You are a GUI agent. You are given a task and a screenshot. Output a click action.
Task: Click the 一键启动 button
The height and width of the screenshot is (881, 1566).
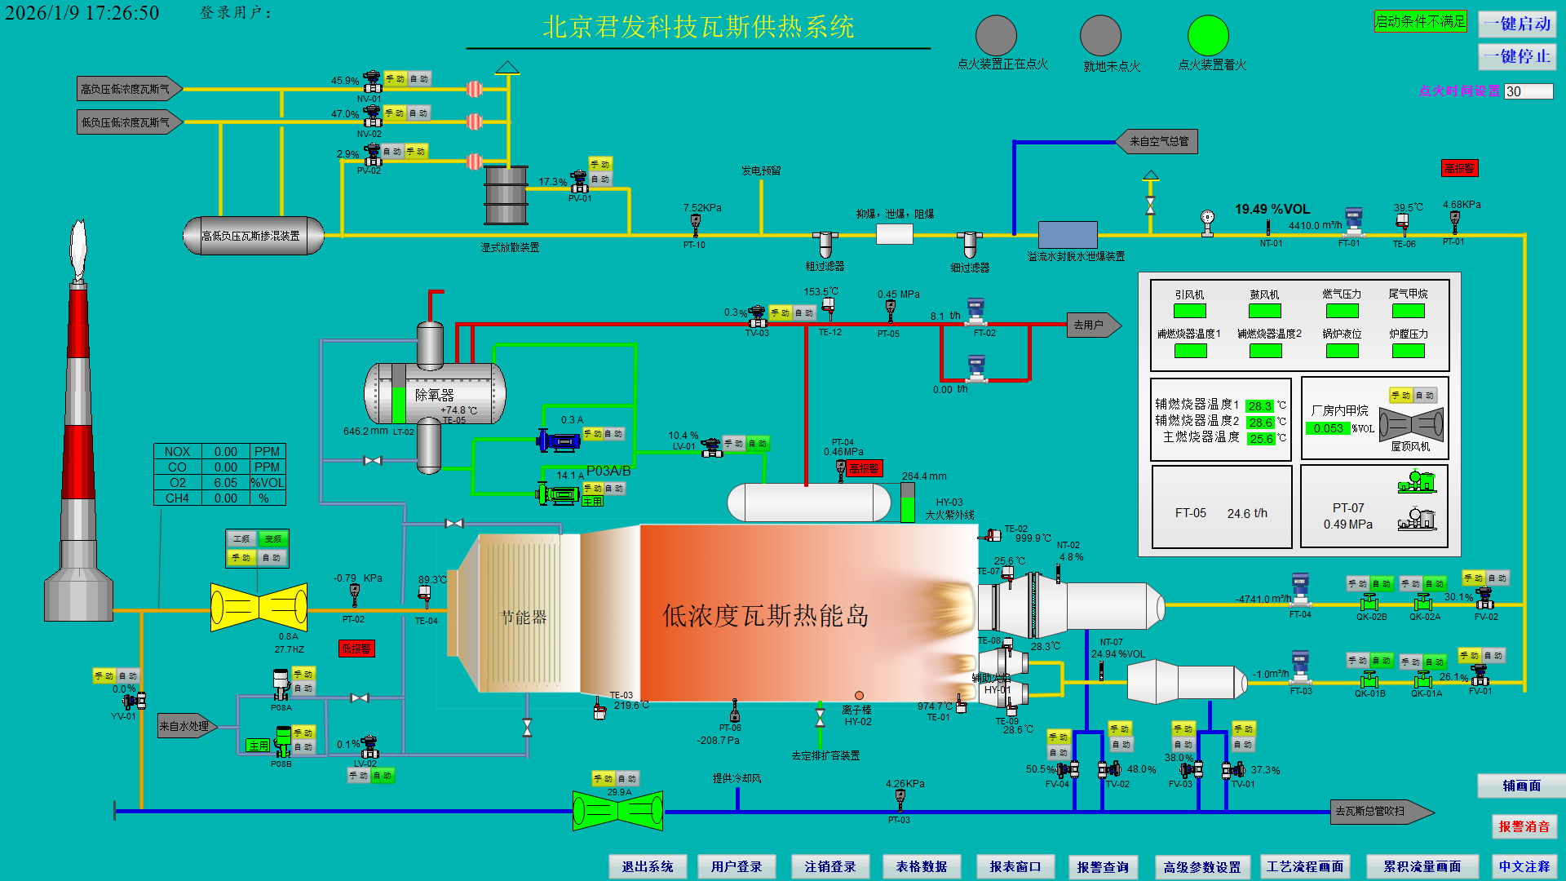(x=1517, y=24)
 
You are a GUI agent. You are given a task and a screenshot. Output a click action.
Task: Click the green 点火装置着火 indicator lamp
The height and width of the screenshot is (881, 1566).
(x=1208, y=36)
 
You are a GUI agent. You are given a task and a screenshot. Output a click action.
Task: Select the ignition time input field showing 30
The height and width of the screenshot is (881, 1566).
(x=1528, y=91)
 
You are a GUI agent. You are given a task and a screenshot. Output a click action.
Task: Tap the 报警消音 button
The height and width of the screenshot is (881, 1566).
(x=1524, y=826)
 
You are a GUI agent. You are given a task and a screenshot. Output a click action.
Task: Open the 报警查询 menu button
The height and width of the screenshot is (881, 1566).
(x=1103, y=866)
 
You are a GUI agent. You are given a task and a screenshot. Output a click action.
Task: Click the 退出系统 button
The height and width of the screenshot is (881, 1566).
(x=648, y=866)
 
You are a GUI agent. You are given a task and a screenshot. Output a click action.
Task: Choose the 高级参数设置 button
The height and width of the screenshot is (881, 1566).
(x=1202, y=866)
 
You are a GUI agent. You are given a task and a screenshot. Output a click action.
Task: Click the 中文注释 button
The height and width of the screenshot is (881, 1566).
(x=1524, y=866)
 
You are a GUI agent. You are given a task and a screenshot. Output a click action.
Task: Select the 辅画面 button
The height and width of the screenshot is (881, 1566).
(x=1521, y=786)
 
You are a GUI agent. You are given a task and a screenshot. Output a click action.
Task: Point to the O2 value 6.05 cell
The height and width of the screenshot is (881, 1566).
(x=226, y=483)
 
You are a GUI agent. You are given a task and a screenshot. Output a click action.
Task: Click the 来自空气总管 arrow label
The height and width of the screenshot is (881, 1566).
(x=1157, y=142)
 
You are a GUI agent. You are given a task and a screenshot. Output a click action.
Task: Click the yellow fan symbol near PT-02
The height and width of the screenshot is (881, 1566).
(x=259, y=607)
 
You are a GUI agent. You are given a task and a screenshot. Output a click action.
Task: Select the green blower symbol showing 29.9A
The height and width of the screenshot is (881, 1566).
(x=617, y=811)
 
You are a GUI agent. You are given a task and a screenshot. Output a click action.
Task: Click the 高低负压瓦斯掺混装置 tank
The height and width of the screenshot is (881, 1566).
(x=253, y=236)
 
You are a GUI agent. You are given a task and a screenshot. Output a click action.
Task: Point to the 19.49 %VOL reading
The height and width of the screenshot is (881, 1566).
(x=1272, y=210)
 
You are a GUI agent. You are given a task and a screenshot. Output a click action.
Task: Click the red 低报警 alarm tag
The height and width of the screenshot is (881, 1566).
(x=356, y=649)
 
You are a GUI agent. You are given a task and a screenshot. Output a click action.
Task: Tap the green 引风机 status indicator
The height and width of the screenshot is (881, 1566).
(x=1189, y=311)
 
